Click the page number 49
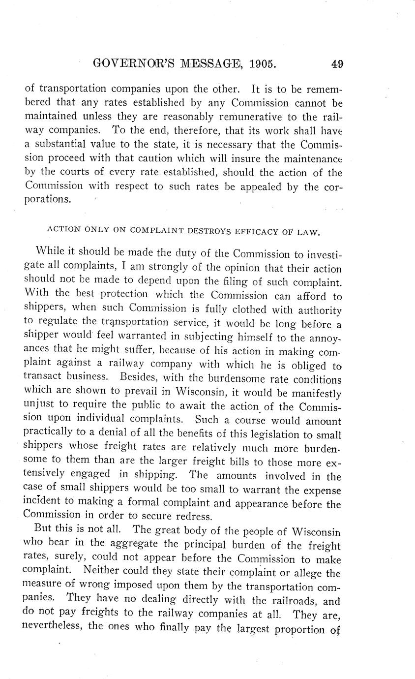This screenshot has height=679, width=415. pos(337,64)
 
